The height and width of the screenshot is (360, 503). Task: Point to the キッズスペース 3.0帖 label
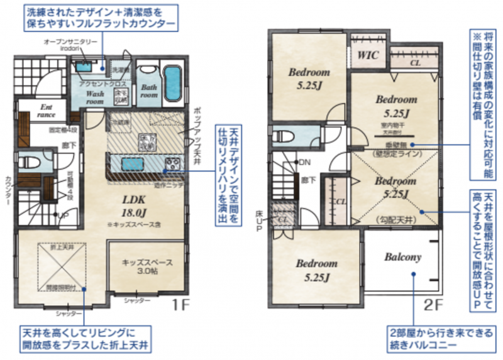[148, 267]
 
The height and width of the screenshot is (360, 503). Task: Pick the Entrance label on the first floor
[47, 111]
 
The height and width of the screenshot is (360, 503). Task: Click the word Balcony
[402, 257]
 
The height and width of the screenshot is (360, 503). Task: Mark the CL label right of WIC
[416, 63]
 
